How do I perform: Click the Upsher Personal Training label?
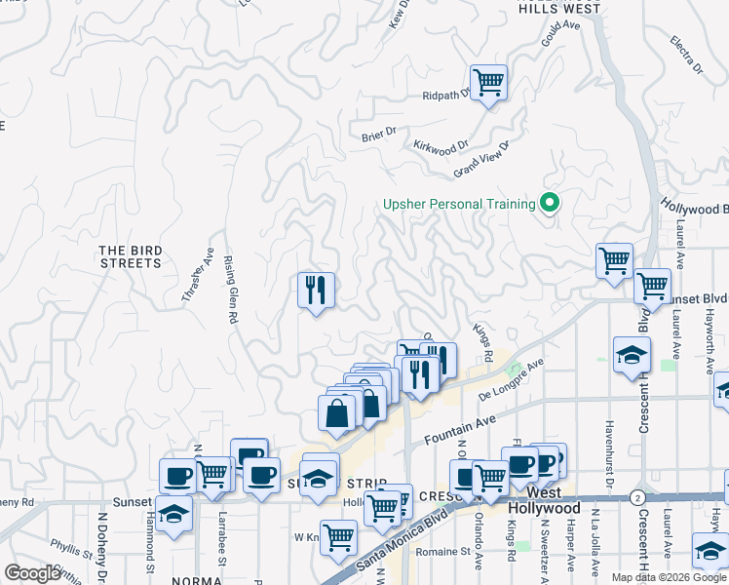[459, 204]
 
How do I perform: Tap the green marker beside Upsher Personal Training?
[550, 204]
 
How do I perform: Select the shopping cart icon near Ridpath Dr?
[488, 81]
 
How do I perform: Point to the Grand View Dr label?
[482, 160]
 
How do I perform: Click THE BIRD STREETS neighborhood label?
[130, 257]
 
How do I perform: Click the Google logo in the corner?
[33, 574]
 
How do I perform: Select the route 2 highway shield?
[635, 496]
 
